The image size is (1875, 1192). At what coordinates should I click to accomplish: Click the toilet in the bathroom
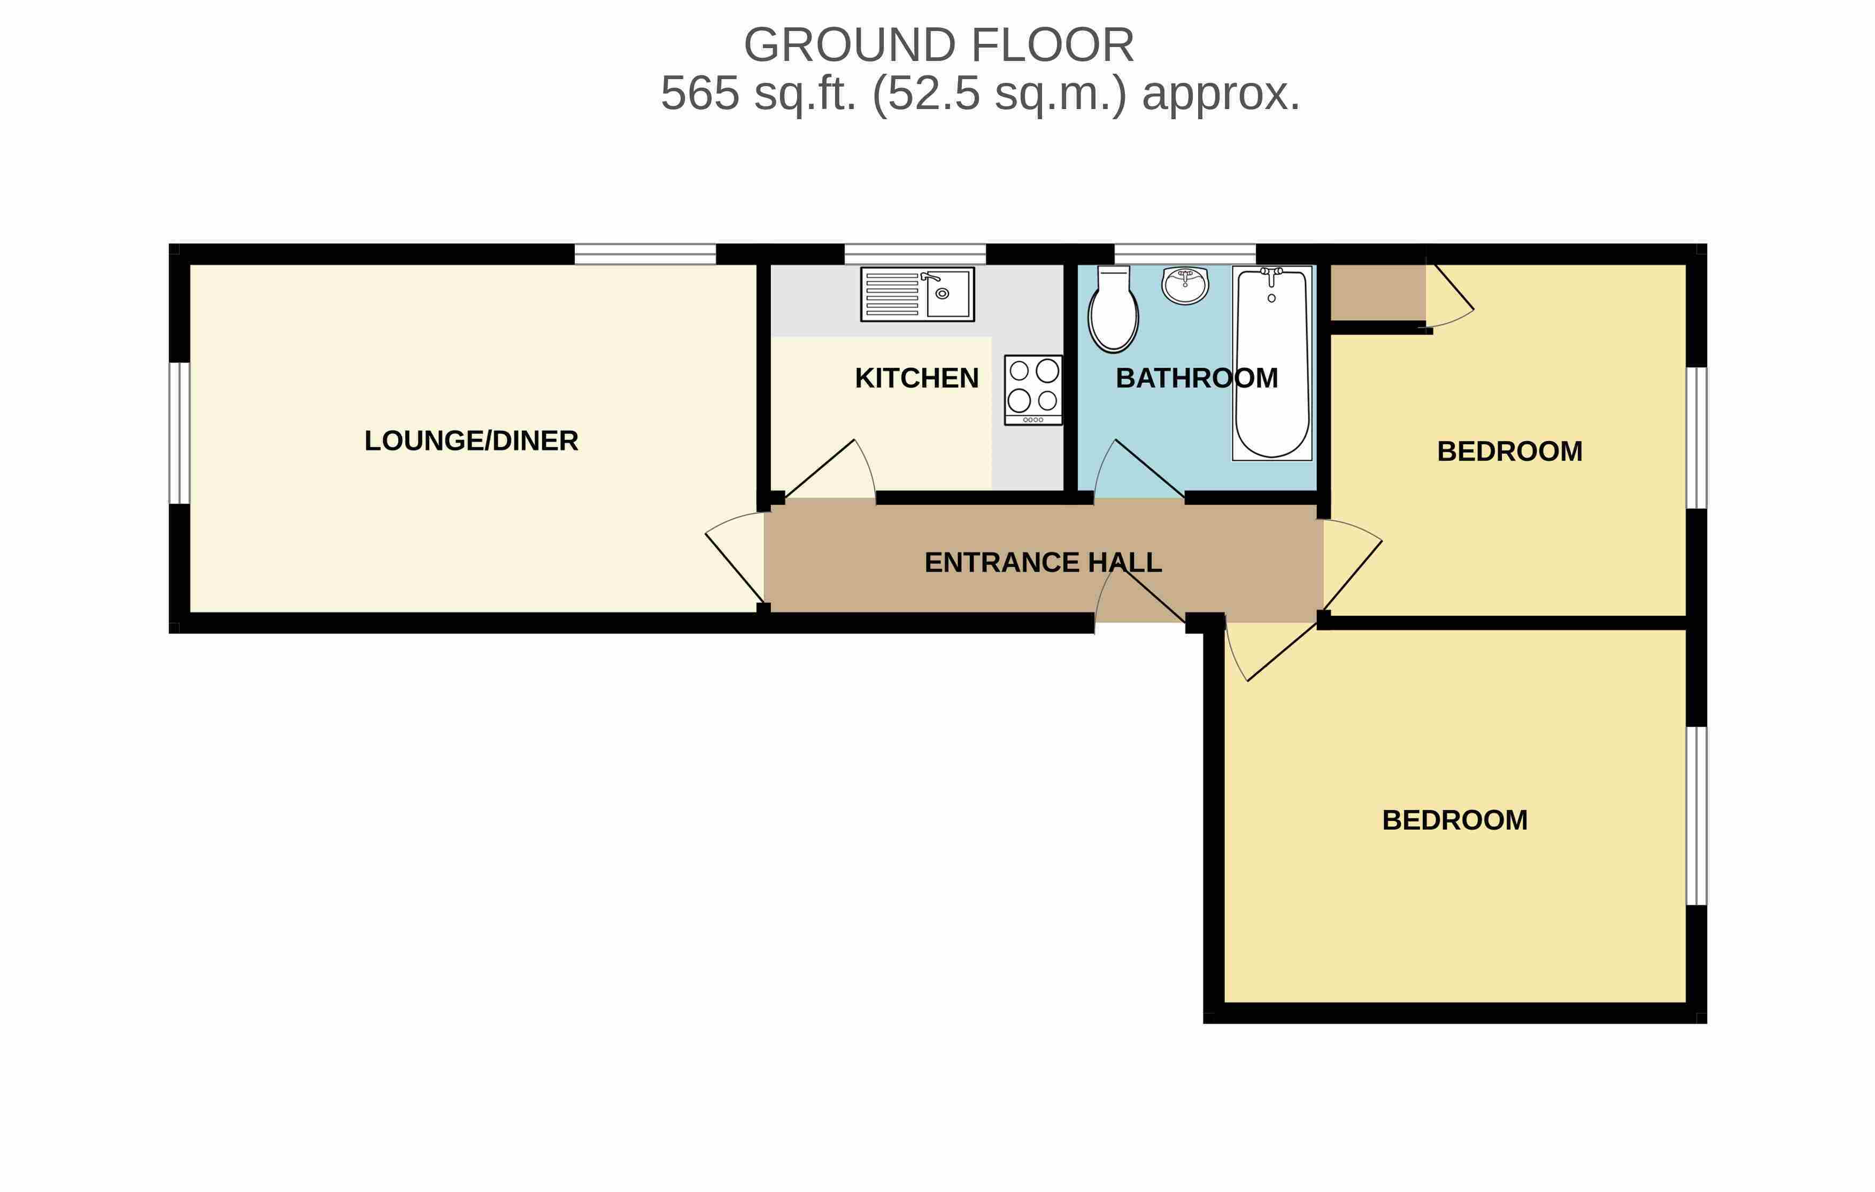click(1114, 309)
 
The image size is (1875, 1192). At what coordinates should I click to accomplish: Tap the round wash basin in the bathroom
click(1185, 284)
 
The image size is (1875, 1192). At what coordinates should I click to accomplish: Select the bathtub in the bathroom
click(1271, 363)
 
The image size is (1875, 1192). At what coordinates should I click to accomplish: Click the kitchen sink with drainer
click(917, 295)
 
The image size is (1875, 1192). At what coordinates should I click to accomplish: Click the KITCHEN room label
click(916, 378)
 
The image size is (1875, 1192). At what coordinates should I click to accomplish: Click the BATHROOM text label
click(1197, 378)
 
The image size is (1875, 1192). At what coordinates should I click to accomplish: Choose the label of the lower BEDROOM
click(1455, 820)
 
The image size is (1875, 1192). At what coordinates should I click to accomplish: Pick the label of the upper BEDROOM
click(1510, 452)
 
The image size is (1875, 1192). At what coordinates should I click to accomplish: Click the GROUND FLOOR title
click(938, 45)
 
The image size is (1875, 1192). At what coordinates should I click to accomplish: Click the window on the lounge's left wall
click(179, 433)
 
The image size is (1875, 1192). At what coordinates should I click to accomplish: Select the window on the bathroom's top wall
click(1185, 254)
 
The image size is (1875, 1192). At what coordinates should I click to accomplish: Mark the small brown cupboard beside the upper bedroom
click(1378, 292)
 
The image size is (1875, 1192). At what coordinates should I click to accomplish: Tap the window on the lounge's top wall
click(645, 254)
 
